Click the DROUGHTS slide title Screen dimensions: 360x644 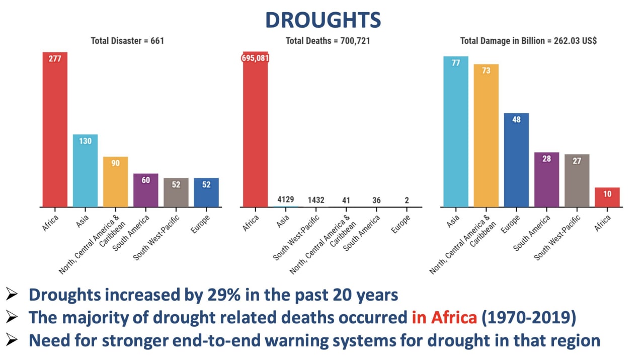(323, 20)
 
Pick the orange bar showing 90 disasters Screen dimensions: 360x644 (115, 182)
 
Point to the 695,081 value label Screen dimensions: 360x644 (255, 58)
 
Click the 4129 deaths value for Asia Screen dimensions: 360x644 (286, 200)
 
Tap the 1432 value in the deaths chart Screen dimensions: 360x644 (316, 200)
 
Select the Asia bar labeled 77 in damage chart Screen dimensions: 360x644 (456, 131)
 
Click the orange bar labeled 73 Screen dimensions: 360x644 (486, 135)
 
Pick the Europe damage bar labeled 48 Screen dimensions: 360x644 (516, 160)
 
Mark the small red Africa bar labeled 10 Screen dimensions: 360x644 (607, 197)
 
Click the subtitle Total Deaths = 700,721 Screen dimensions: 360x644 (328, 41)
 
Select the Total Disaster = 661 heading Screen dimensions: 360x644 (127, 41)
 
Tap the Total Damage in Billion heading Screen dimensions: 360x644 (528, 41)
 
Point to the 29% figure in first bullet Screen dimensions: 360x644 (218, 295)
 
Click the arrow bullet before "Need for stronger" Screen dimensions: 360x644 (13, 341)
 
